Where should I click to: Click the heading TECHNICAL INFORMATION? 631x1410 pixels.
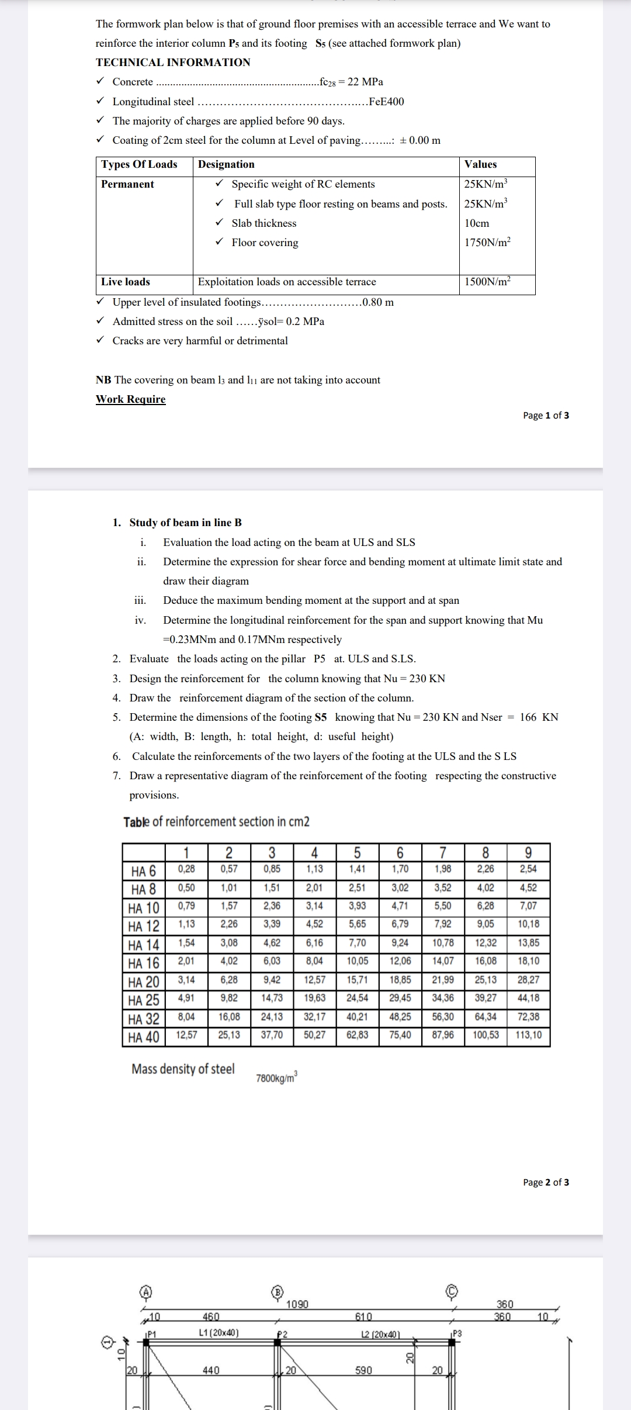pos(173,63)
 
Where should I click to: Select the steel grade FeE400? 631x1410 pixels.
pos(386,102)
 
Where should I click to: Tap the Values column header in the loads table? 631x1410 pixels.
pos(480,165)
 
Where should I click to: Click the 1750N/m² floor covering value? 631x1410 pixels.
pos(487,243)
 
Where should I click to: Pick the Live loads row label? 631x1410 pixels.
pos(126,282)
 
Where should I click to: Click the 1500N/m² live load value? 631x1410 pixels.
pos(487,282)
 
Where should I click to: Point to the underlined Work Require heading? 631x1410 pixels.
pos(130,399)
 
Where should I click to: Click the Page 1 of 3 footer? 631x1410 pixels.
pos(546,416)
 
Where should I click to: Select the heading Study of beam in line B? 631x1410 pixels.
pos(185,523)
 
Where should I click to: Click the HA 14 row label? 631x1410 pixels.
pos(144,945)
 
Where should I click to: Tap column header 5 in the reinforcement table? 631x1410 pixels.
pos(357,853)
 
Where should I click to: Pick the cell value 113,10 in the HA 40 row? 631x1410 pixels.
pos(528,1035)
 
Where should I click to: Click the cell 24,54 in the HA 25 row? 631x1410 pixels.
pos(357,998)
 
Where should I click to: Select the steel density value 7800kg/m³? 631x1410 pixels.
pos(276,1078)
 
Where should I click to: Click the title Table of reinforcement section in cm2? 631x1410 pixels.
pos(216,822)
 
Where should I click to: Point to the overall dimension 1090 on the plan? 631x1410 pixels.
pos(297,1304)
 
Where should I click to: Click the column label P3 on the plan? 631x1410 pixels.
pos(457,1333)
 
